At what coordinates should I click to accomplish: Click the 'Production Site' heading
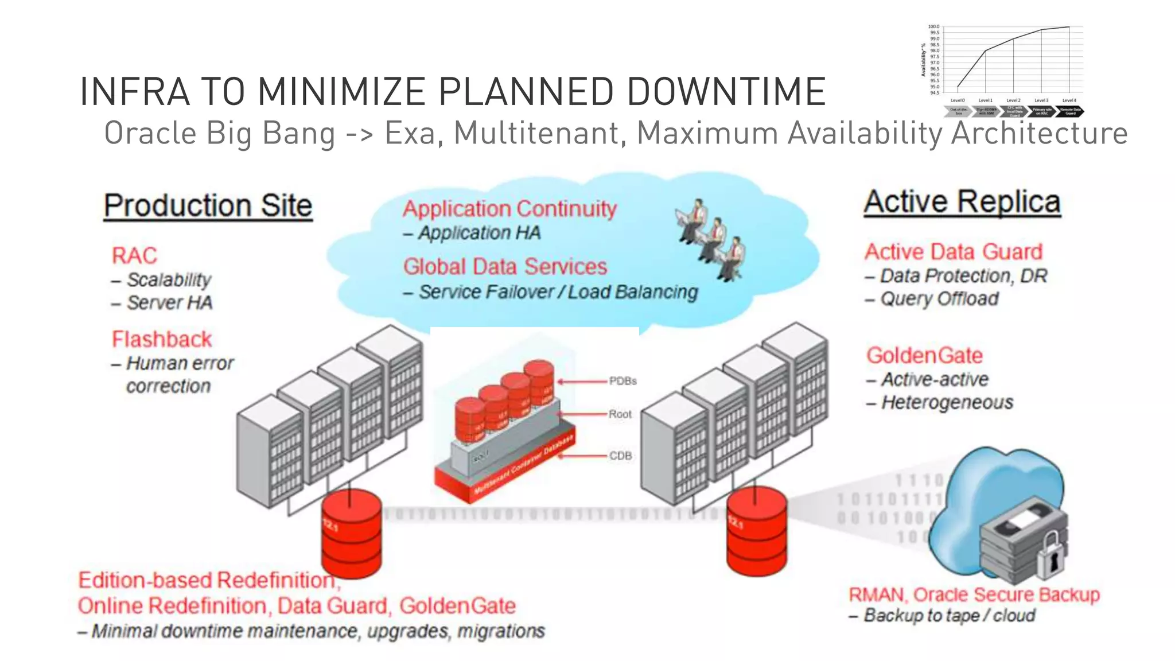pyautogui.click(x=208, y=205)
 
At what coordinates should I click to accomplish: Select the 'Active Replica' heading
pyautogui.click(x=962, y=202)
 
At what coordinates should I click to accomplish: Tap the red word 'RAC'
pyautogui.click(x=134, y=255)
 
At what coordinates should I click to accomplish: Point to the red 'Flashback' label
pyautogui.click(x=162, y=339)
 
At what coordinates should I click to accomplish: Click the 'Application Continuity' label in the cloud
pyautogui.click(x=509, y=208)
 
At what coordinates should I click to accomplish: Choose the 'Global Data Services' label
pyautogui.click(x=505, y=266)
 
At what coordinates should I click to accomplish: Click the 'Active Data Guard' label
pyautogui.click(x=954, y=251)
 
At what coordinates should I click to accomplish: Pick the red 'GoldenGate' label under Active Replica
pyautogui.click(x=924, y=355)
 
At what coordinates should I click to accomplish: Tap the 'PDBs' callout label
pyautogui.click(x=622, y=381)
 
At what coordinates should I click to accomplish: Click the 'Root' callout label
pyautogui.click(x=620, y=414)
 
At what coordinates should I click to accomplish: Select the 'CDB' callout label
pyautogui.click(x=620, y=456)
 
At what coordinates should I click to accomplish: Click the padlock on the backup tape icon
pyautogui.click(x=1051, y=554)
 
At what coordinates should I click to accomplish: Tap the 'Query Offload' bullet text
pyautogui.click(x=939, y=299)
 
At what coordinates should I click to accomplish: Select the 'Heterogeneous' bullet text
pyautogui.click(x=947, y=402)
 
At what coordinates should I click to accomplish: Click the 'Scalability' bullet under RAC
pyautogui.click(x=169, y=279)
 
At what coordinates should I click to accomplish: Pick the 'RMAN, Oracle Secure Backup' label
pyautogui.click(x=974, y=594)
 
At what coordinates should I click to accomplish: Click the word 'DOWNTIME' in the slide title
pyautogui.click(x=726, y=92)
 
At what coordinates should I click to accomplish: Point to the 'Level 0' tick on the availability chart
pyautogui.click(x=958, y=100)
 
